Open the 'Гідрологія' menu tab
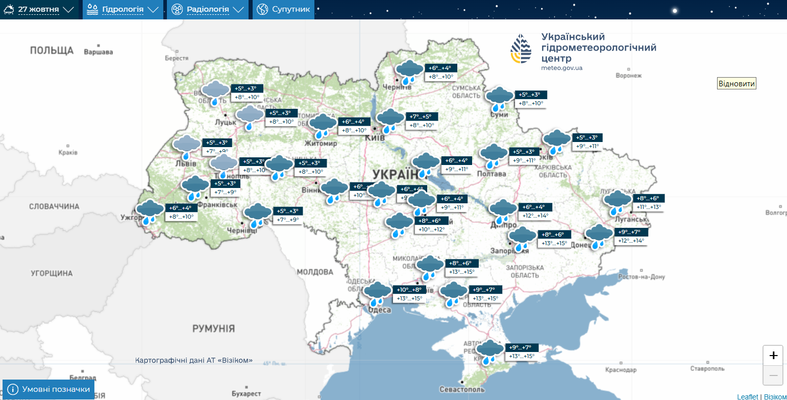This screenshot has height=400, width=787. [x=122, y=10]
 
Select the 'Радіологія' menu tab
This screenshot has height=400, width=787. [x=208, y=10]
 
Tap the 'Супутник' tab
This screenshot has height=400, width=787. [x=283, y=10]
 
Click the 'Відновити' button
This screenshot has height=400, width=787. [x=736, y=84]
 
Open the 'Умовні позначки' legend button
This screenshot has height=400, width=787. [x=49, y=389]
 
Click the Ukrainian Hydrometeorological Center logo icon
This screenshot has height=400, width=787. [x=521, y=50]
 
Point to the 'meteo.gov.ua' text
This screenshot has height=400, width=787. [x=561, y=68]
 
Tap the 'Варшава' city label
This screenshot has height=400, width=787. [x=98, y=52]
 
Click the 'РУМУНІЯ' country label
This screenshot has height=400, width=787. [x=213, y=328]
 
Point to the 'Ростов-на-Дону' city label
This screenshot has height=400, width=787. [x=641, y=277]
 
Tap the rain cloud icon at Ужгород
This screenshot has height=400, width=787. [x=150, y=211]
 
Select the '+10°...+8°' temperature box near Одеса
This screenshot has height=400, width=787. [x=409, y=290]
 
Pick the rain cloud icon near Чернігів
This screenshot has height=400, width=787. [x=409, y=72]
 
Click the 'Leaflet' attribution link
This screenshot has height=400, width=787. [x=747, y=396]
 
